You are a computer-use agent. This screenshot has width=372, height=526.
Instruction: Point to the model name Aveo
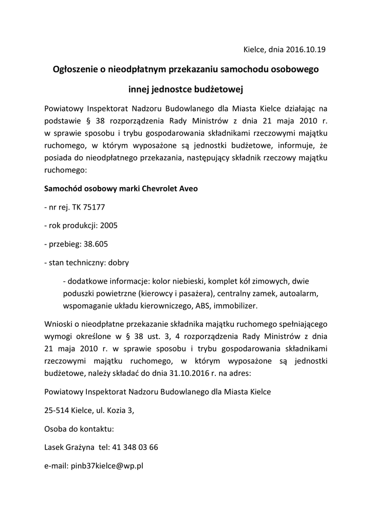click(x=188, y=189)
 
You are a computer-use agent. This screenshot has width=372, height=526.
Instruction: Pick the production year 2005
click(x=109, y=226)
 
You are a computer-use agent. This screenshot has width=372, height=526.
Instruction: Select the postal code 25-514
click(x=56, y=410)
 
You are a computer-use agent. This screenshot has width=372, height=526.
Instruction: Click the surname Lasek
click(x=54, y=447)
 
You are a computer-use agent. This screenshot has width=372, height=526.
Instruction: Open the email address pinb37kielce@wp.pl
click(x=109, y=466)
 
